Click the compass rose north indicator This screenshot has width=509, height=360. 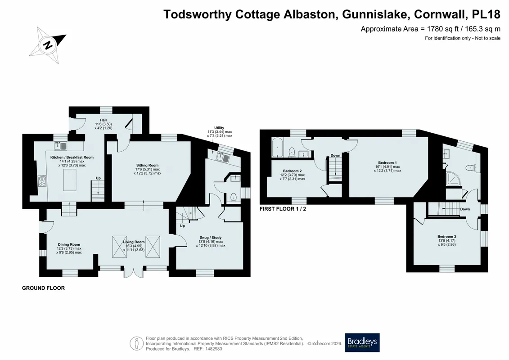click(47, 45)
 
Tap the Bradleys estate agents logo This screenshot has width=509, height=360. click(362, 343)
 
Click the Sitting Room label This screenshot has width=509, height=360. click(147, 165)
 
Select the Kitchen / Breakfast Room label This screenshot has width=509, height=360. click(72, 157)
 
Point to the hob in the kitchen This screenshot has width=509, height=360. click(42, 181)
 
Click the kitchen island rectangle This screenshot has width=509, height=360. click(70, 180)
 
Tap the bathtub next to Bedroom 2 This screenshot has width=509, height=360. click(277, 148)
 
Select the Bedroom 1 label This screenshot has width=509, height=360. click(387, 162)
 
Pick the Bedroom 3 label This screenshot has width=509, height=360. click(447, 237)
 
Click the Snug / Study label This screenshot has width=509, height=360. click(210, 238)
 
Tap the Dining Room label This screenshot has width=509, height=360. click(69, 244)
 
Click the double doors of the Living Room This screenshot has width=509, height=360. click(133, 273)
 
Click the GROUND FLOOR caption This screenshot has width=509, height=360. click(44, 288)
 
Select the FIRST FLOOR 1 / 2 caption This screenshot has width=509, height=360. click(283, 209)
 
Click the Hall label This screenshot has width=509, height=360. click(103, 120)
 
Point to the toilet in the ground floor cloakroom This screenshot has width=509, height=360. click(233, 197)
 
